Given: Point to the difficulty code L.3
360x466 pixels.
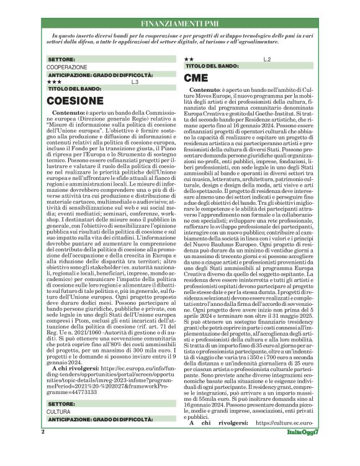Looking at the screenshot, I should pos(135,82).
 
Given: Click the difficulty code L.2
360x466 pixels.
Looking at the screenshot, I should pos(267,59).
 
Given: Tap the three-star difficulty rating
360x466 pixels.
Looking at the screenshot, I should pos(54,82).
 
